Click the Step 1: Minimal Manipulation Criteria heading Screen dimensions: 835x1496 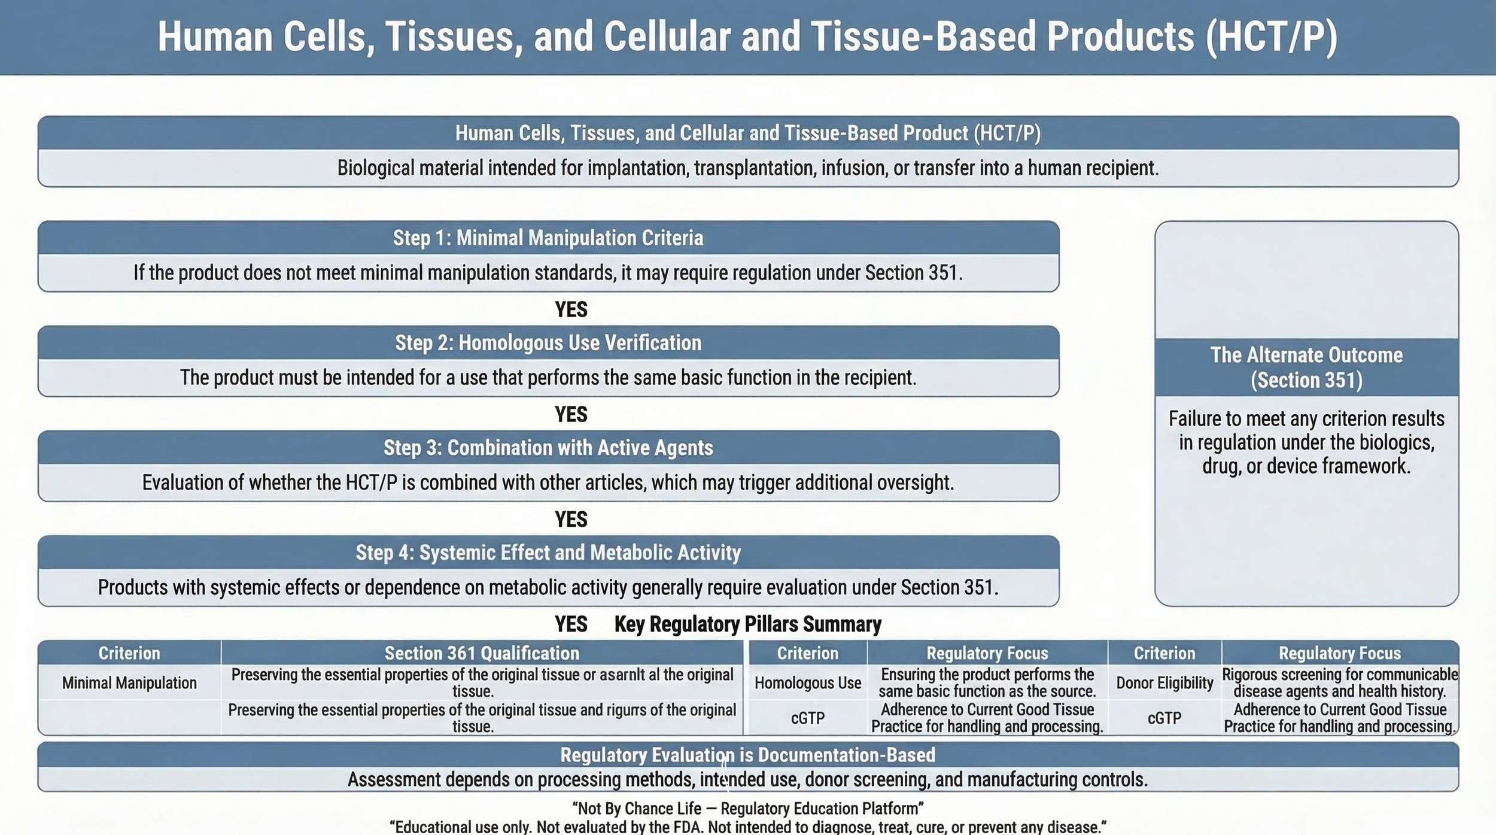548,238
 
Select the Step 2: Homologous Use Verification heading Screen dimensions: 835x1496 548,343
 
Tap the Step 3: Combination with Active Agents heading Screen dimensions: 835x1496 548,448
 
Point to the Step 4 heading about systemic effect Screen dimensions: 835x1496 548,552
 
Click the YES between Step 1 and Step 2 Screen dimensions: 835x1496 571,309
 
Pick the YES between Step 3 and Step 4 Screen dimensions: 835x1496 571,519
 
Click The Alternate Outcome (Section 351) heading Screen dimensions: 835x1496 1306,367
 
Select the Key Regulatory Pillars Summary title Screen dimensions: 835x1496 747,624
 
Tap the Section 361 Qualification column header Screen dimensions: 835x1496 482,653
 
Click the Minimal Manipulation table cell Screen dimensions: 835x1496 129,683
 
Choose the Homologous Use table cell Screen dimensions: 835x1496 807,683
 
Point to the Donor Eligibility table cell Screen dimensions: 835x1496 1164,683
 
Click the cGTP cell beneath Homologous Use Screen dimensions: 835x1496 807,718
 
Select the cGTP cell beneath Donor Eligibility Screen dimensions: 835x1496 1164,718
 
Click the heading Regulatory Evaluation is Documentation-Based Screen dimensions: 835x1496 747,755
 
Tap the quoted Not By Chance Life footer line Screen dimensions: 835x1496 747,809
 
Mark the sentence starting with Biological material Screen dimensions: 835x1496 747,168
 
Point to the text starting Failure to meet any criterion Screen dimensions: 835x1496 1306,442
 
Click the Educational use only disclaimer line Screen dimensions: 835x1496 747,827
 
